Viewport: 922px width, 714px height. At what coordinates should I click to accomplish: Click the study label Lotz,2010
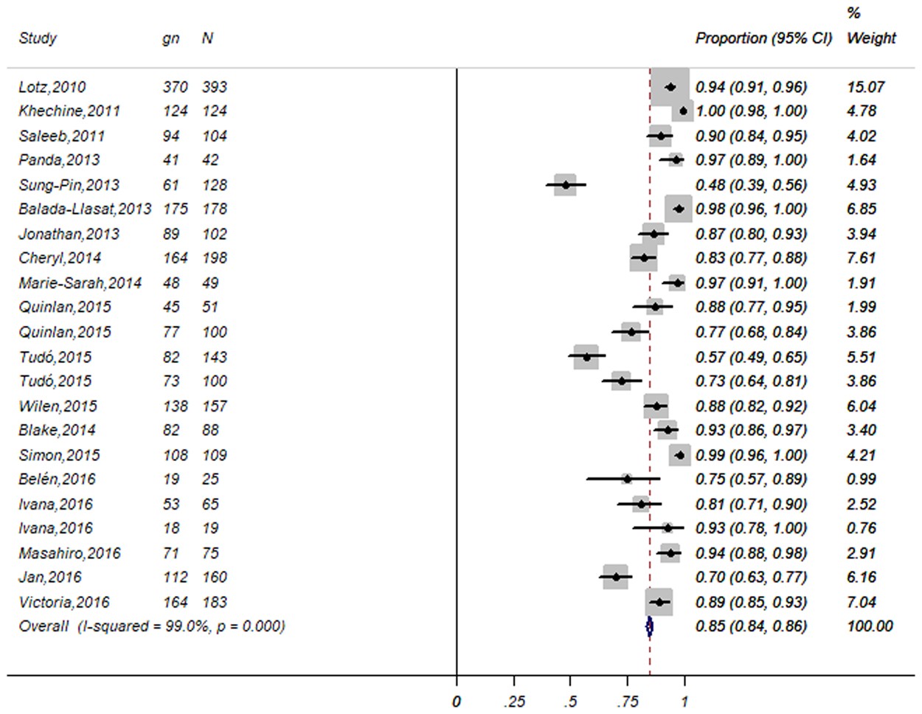(x=52, y=87)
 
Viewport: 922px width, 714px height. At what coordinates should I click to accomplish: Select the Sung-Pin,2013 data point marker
(x=566, y=184)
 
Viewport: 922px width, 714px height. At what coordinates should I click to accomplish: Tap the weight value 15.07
(x=865, y=87)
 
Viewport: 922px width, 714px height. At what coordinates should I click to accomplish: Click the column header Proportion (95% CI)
(x=763, y=38)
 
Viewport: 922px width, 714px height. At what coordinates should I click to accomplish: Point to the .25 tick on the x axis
(x=514, y=701)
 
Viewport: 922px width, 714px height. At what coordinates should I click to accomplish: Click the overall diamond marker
(x=649, y=627)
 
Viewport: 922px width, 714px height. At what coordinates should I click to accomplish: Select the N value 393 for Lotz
(x=215, y=87)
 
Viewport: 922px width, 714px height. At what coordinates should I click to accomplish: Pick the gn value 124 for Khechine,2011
(x=176, y=111)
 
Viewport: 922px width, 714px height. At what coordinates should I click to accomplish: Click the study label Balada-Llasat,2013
(x=85, y=209)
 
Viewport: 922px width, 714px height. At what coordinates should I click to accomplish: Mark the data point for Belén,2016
(x=627, y=479)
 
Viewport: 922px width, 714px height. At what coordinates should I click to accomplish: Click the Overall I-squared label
(x=151, y=627)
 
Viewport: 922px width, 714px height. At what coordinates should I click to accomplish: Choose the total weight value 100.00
(x=870, y=627)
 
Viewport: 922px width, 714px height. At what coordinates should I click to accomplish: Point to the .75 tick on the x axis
(x=628, y=701)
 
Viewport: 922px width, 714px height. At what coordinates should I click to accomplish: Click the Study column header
(x=38, y=38)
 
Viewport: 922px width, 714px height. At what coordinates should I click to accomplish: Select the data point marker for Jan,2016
(x=616, y=578)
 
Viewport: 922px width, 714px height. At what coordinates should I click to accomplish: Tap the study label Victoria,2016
(x=63, y=603)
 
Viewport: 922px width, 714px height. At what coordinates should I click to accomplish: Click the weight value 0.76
(x=862, y=529)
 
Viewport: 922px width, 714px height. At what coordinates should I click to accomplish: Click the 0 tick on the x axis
(x=457, y=701)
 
